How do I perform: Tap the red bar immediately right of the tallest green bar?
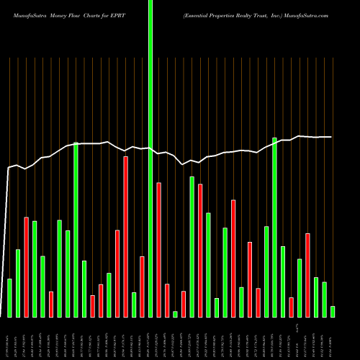click(x=158, y=249)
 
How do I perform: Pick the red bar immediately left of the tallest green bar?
click(x=142, y=286)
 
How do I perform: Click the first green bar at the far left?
click(x=9, y=297)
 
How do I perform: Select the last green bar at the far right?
click(x=333, y=311)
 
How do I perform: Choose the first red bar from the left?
click(x=26, y=266)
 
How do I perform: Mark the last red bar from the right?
click(x=307, y=274)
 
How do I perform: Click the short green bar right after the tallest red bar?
click(x=134, y=304)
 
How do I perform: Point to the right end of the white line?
click(x=331, y=137)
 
